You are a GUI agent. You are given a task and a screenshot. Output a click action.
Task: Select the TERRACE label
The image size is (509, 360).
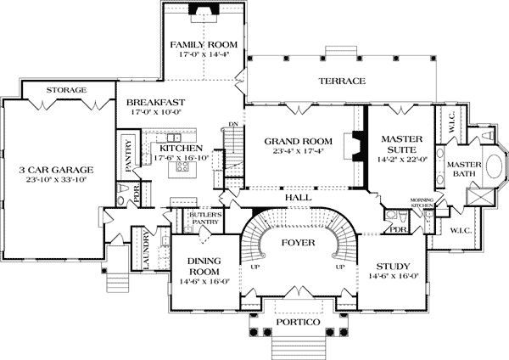[342, 82]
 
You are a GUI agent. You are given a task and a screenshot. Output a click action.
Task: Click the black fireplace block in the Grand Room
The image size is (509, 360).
[357, 145]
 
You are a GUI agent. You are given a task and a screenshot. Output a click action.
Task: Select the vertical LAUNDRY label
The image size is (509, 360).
[147, 250]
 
